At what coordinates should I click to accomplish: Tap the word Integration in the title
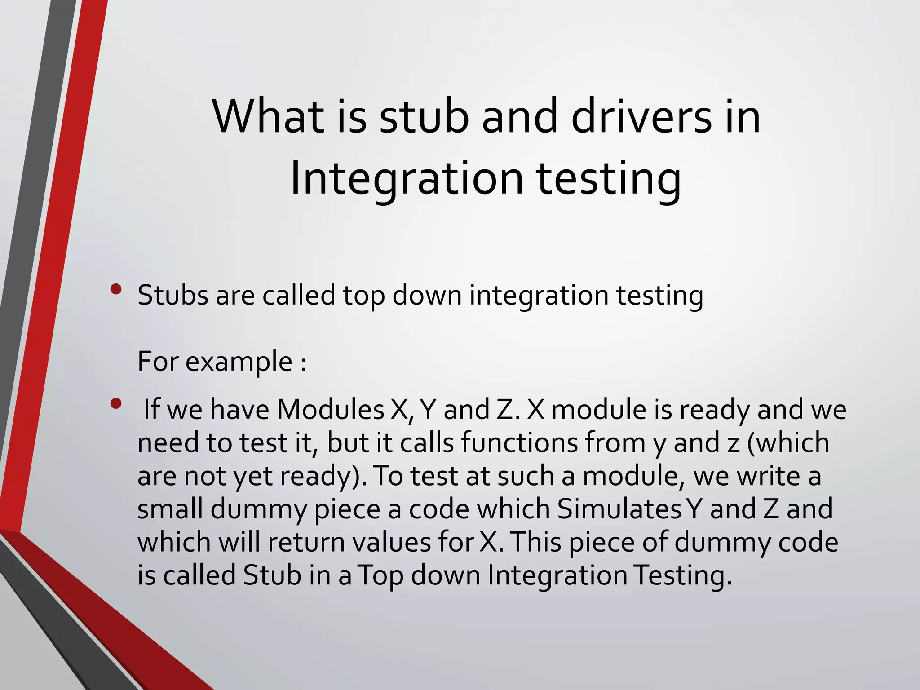[407, 179]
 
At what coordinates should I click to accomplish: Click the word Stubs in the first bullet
[173, 296]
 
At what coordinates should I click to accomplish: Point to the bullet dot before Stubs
[116, 289]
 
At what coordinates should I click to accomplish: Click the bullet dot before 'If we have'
[116, 404]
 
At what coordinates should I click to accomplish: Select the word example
[239, 362]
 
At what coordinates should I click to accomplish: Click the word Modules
[331, 410]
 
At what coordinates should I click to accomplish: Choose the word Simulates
[620, 509]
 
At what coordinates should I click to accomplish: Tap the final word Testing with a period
[682, 575]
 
